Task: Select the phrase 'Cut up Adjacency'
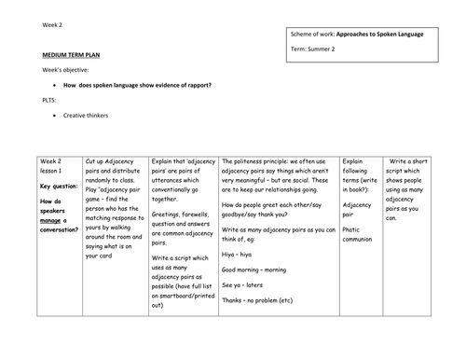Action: tap(116, 161)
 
